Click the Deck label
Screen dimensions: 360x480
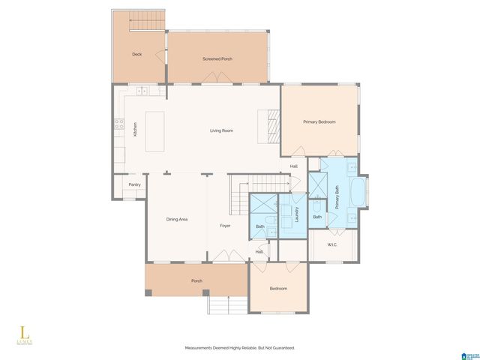pos(136,55)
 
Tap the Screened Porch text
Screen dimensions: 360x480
pos(217,58)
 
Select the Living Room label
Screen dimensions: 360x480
pos(221,130)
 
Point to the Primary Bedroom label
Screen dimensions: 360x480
pos(319,121)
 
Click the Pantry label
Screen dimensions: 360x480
pos(134,184)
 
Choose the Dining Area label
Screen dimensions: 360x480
pos(176,219)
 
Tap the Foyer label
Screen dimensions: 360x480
pos(225,226)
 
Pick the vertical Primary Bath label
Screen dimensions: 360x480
pos(337,196)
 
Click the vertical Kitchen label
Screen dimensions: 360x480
pos(135,129)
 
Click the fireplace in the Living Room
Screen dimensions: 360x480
pos(268,124)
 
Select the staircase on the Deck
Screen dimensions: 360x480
pos(147,21)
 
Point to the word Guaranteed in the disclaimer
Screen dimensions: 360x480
pos(283,348)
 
